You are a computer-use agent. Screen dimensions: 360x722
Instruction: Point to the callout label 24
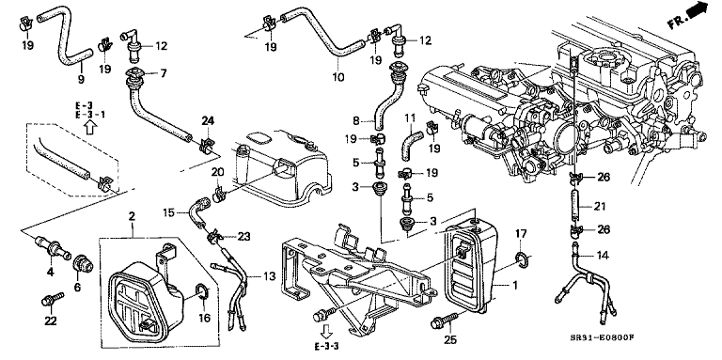(208, 120)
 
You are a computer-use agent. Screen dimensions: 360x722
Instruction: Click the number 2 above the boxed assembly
(132, 215)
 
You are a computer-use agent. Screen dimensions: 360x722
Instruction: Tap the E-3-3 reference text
(324, 347)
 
